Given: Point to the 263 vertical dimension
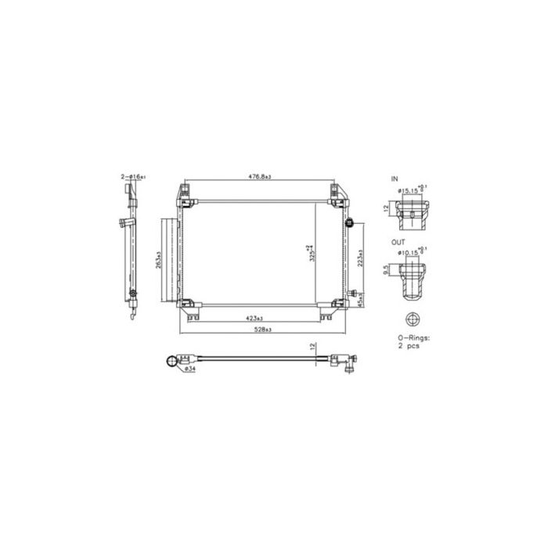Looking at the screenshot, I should click(157, 260).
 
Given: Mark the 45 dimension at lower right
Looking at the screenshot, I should click(359, 301).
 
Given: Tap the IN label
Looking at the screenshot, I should click(395, 179).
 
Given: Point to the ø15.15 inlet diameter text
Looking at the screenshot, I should click(412, 189).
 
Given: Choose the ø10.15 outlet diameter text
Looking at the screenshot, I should click(412, 253).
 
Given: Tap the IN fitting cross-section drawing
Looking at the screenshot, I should click(412, 212).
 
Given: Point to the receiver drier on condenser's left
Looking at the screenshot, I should click(168, 260).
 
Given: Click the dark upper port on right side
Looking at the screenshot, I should click(351, 223).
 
